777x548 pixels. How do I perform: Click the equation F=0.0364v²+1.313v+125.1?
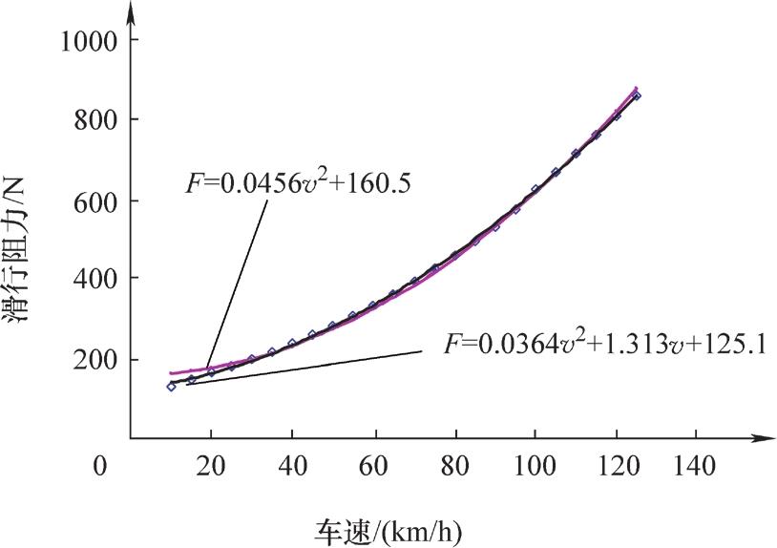[602, 343]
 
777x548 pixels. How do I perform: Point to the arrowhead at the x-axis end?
[765, 438]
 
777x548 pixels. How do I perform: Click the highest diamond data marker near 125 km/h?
[637, 95]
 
